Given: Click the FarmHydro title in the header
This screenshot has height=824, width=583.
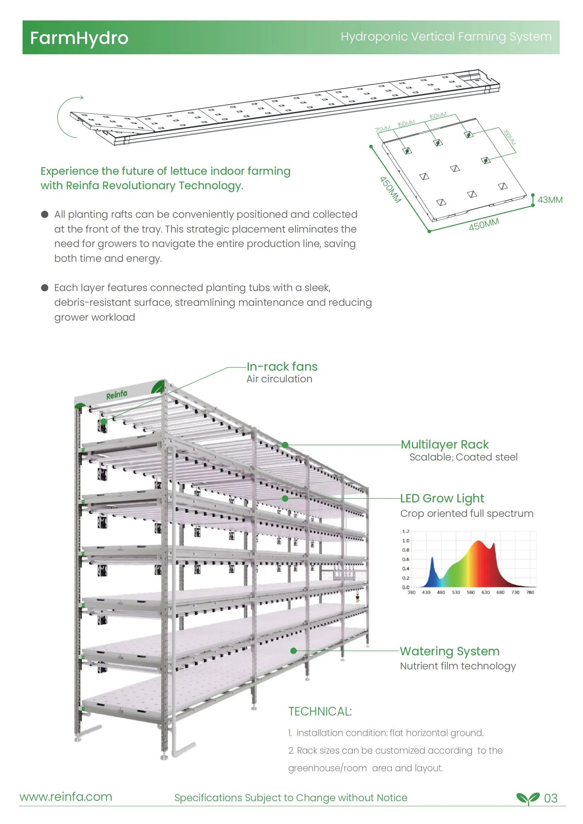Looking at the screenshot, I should [79, 38].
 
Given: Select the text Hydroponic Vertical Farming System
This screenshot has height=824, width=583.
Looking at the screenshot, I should [446, 37].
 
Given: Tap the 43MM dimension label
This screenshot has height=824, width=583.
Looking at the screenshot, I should [550, 200].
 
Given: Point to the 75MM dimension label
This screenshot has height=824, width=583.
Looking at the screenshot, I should [382, 129].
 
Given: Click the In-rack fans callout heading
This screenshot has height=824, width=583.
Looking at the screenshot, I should [282, 366].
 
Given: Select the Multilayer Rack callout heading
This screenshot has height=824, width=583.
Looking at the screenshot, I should [444, 444].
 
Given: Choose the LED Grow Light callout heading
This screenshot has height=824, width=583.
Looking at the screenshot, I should [442, 498].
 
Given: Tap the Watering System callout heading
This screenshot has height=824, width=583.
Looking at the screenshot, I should [449, 651].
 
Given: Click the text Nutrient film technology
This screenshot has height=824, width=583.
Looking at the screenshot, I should [458, 666].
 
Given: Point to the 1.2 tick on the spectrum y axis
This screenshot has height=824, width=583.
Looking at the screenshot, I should [406, 531].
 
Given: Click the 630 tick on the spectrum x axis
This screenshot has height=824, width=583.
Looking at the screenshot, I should [485, 593].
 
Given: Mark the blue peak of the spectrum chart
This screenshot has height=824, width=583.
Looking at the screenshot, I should [432, 558].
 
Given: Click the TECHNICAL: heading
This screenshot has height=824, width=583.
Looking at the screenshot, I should [320, 711].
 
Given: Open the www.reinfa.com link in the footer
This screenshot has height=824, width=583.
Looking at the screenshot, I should [66, 797].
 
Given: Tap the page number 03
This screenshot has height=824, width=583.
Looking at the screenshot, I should [550, 798].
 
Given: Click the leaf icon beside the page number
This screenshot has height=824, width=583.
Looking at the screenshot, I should [528, 798].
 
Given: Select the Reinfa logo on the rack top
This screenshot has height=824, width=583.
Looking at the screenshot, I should [116, 395].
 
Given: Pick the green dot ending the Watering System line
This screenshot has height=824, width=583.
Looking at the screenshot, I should [293, 651].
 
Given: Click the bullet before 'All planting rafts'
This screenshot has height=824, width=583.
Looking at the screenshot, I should [45, 214].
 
